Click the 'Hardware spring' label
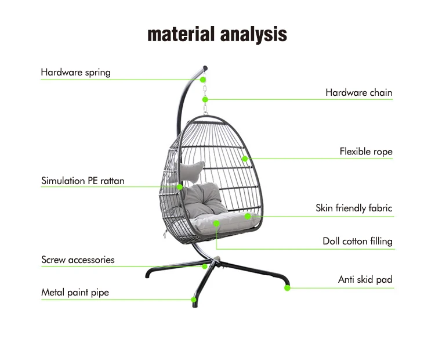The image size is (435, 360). [x=75, y=73]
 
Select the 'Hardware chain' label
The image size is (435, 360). [x=358, y=92]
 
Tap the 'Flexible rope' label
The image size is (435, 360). [x=365, y=152]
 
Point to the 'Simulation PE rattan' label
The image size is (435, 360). [x=82, y=181]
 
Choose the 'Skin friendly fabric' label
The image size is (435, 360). [x=354, y=208]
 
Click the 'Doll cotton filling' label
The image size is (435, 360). [x=357, y=241]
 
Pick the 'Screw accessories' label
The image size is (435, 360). [x=78, y=260]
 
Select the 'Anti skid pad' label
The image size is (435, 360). [x=365, y=279]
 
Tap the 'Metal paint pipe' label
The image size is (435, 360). [x=75, y=292]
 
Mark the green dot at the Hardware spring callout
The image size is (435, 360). [x=203, y=80]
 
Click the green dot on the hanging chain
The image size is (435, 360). [x=205, y=99]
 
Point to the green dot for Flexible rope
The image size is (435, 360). [x=245, y=159]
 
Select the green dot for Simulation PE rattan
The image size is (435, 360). [x=180, y=187]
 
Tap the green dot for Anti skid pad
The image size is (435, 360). [x=287, y=287]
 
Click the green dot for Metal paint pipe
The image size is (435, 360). [x=194, y=300]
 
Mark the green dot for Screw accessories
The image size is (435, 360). [x=205, y=267]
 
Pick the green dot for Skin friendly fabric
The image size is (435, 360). [x=248, y=216]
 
